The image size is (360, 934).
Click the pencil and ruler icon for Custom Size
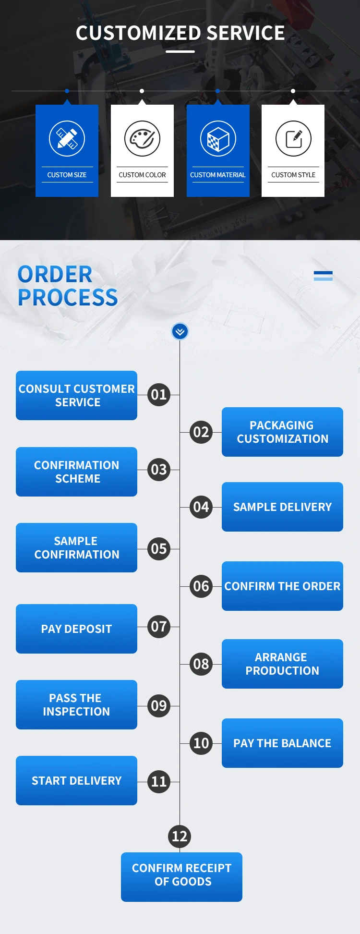(67, 139)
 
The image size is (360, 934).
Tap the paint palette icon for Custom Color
(142, 139)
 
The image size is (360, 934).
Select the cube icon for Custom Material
(218, 139)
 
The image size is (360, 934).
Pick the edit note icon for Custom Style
(293, 139)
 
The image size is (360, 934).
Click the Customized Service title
(180, 33)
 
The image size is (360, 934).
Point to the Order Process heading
(68, 286)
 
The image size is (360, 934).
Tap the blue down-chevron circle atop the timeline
(180, 331)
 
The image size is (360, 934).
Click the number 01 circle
(159, 395)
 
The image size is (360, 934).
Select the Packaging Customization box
(282, 432)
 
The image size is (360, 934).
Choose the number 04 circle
(201, 507)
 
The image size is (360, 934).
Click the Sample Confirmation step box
(76, 547)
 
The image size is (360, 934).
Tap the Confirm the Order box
(282, 586)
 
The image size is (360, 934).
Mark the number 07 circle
(159, 627)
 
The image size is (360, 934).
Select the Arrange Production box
(282, 664)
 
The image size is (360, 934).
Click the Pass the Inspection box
(76, 704)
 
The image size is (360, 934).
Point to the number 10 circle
(201, 743)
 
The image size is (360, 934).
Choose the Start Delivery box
(76, 780)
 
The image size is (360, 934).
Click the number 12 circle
(180, 837)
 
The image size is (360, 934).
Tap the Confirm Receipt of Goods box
(181, 877)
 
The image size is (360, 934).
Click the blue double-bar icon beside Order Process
(323, 276)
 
